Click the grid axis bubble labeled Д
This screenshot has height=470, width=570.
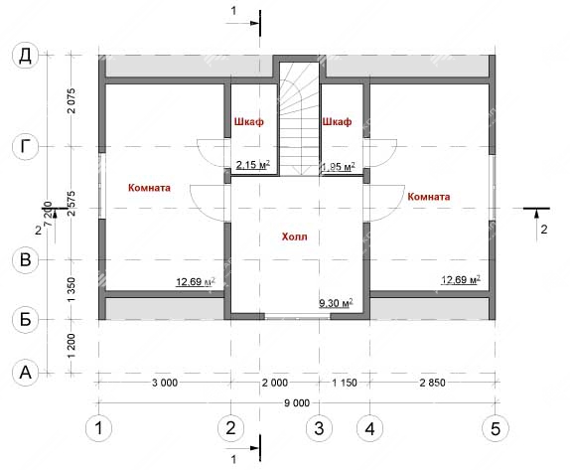25,56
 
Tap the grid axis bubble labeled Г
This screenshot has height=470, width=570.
25,147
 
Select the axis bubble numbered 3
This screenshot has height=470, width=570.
319,428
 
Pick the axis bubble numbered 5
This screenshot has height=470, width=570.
496,428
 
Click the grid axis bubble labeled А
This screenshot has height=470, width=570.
25,373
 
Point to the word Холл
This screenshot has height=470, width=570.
295,236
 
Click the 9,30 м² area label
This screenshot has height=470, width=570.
336,303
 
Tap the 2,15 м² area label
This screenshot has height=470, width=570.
253,165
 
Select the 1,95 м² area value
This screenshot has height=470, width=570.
339,167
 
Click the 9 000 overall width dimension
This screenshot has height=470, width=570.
297,403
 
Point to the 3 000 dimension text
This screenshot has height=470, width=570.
165,383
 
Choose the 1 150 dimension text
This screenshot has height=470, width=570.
345,383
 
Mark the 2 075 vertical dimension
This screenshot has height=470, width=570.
71,100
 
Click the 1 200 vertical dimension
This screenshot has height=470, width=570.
71,346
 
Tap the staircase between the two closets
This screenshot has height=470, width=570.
299,119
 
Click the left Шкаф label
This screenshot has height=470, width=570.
249,121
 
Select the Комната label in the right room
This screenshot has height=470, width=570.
429,197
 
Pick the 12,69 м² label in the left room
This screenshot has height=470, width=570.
196,282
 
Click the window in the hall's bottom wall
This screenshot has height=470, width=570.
297,317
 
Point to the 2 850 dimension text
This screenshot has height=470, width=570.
432,383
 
